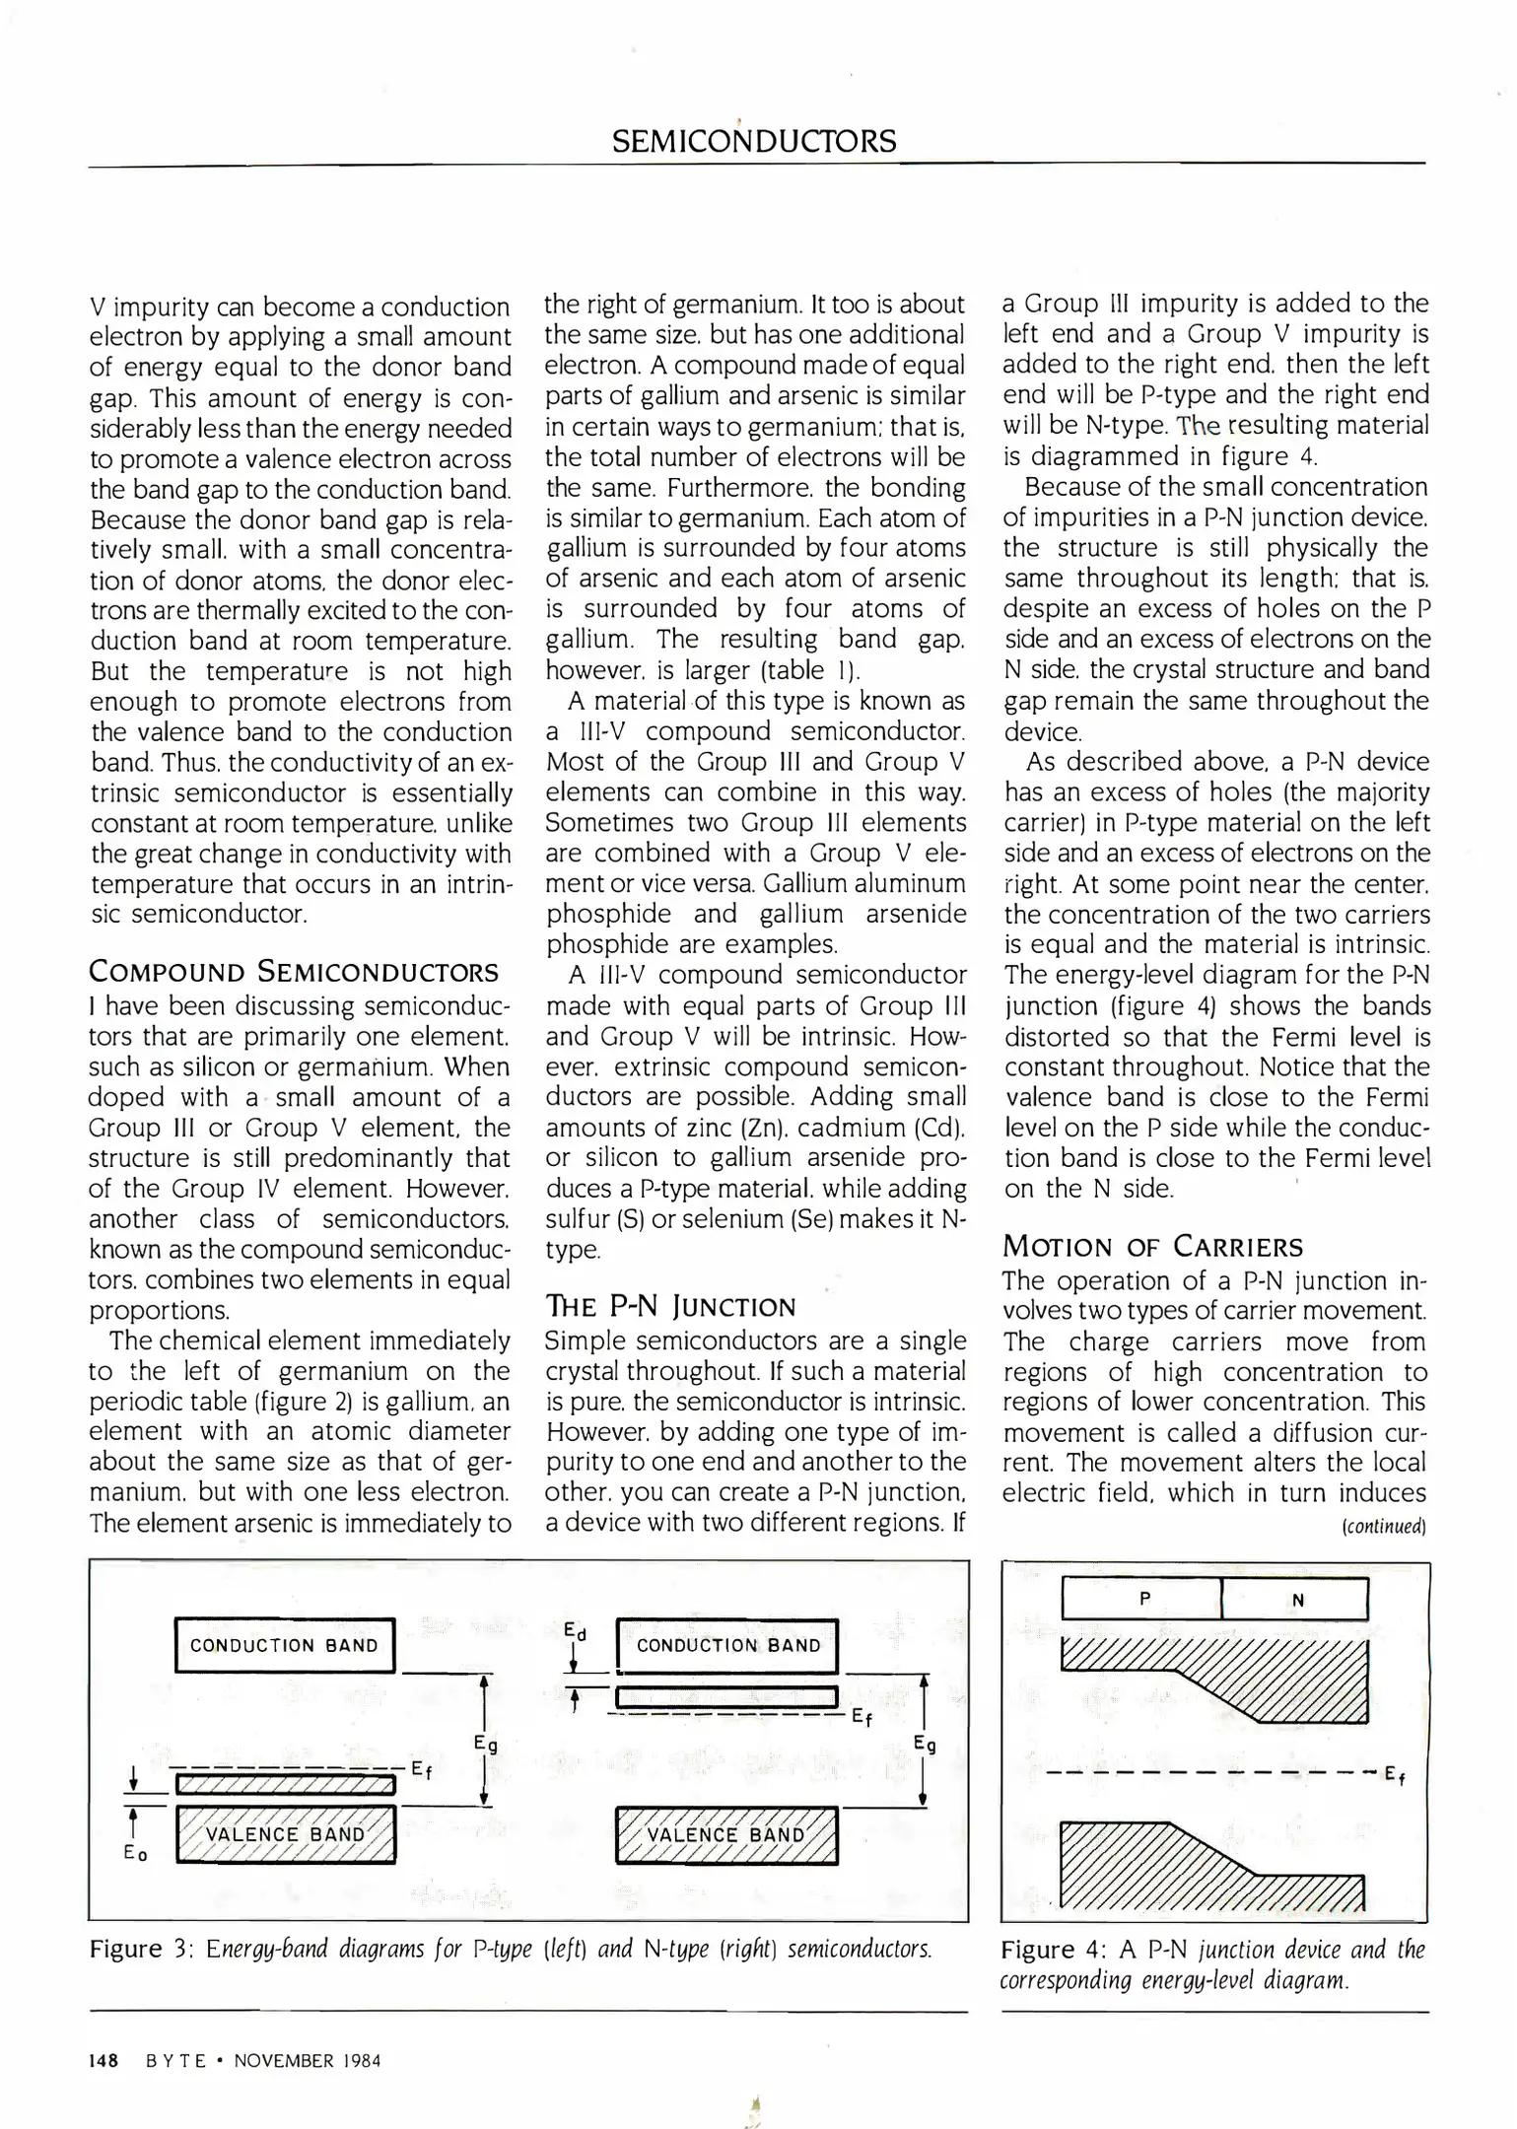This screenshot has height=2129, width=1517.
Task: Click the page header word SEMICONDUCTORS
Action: click(754, 141)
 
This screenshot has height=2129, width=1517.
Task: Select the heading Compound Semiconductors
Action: click(294, 972)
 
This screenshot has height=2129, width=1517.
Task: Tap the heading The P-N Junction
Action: click(670, 1307)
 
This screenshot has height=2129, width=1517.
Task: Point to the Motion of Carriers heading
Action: click(1152, 1247)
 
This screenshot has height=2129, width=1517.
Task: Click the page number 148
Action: click(103, 2060)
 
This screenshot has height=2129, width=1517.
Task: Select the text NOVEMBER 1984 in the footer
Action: click(307, 2060)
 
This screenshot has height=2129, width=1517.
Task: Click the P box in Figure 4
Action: click(1142, 1599)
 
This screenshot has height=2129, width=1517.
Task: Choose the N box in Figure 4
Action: click(1296, 1600)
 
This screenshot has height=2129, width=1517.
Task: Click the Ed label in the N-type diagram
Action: click(576, 1632)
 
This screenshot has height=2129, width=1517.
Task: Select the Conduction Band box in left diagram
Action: click(284, 1645)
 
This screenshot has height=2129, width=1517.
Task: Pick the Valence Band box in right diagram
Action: click(725, 1835)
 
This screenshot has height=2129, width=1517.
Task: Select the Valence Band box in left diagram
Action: click(285, 1834)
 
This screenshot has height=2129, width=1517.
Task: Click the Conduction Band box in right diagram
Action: click(727, 1645)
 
